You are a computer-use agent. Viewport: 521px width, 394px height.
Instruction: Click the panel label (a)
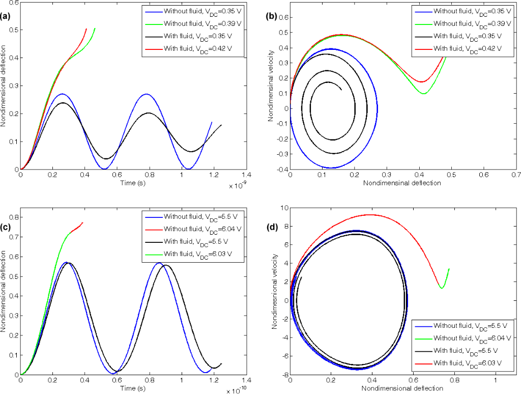point(6,16)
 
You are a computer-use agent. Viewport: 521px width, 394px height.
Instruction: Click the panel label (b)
point(272,16)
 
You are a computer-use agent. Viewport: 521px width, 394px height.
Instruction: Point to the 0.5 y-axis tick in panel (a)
point(12,30)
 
